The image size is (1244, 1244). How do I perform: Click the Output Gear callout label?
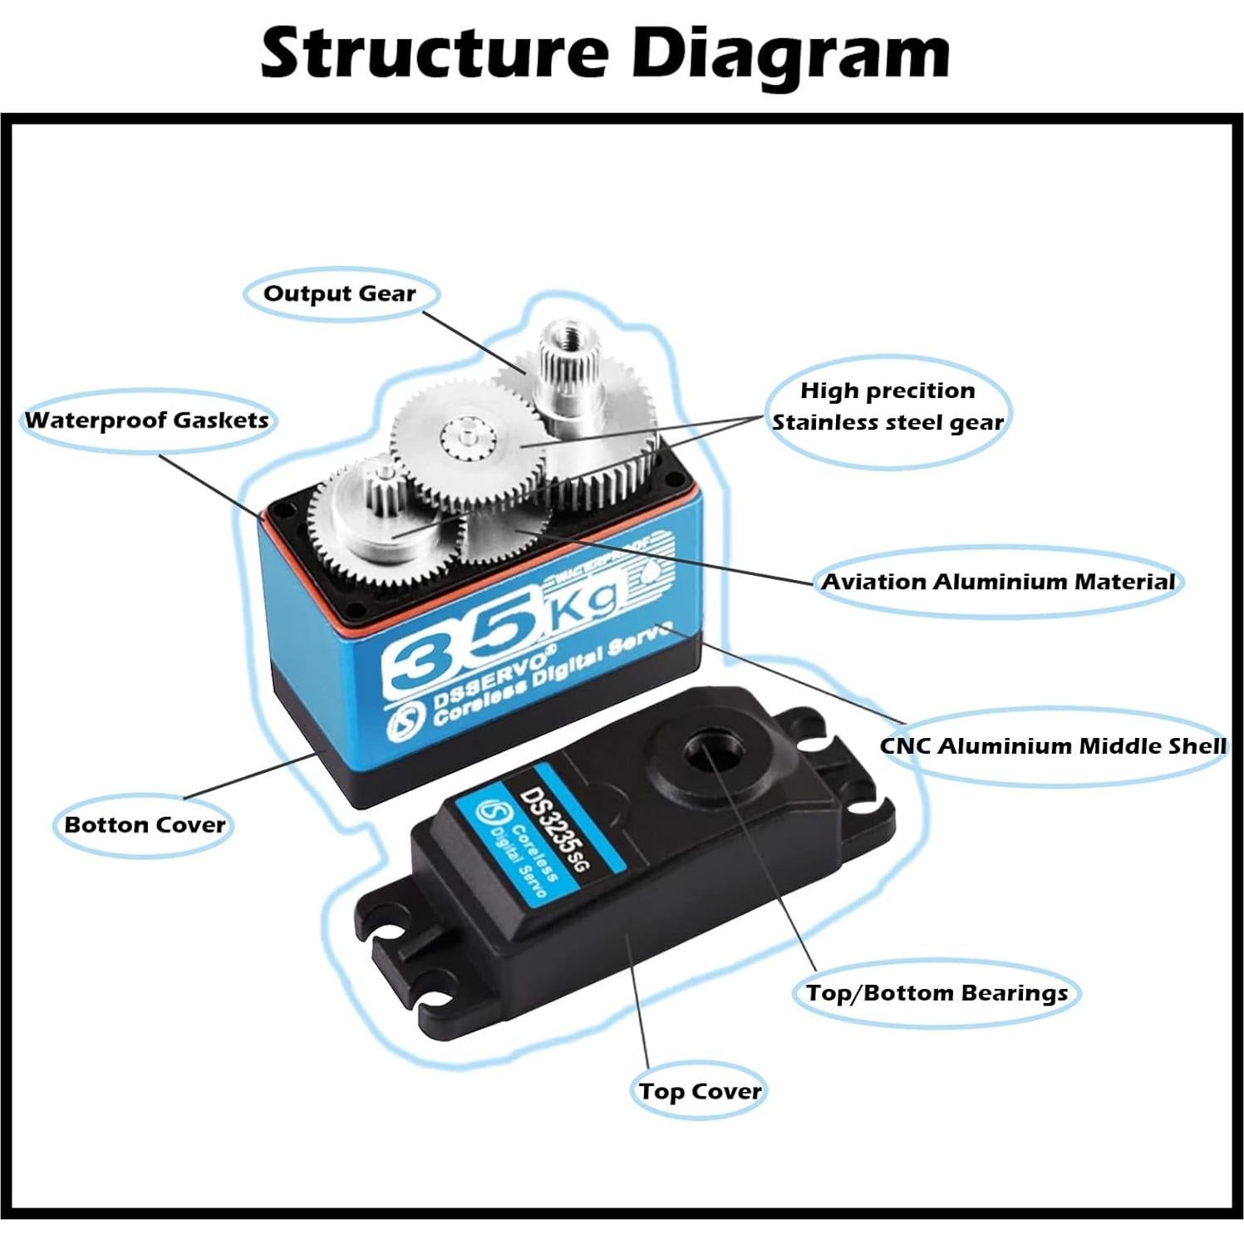click(339, 293)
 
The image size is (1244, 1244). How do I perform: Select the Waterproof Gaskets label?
click(147, 420)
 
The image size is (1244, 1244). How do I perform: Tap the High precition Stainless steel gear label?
click(888, 406)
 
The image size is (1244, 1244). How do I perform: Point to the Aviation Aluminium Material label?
click(998, 582)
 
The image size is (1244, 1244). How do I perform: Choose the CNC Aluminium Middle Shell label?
click(1053, 745)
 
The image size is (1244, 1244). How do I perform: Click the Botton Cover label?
click(145, 825)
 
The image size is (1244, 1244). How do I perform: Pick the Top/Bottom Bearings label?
click(937, 993)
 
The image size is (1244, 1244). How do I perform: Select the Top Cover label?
click(700, 1091)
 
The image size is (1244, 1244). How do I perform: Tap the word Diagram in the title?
click(789, 53)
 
